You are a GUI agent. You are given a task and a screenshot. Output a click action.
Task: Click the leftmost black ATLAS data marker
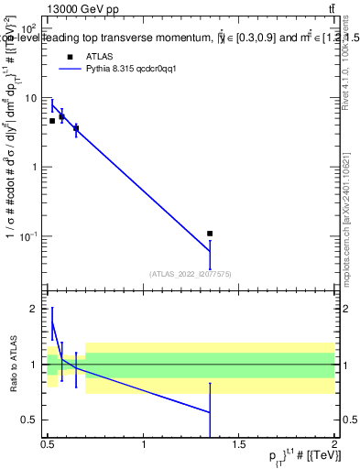coord(52,121)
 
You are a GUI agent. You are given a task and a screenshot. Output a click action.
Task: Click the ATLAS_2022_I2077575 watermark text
coord(190,272)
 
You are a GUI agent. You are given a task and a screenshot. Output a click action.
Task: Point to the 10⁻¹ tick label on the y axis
coord(29,236)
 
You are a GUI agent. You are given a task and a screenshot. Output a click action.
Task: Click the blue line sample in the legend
coord(75,69)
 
